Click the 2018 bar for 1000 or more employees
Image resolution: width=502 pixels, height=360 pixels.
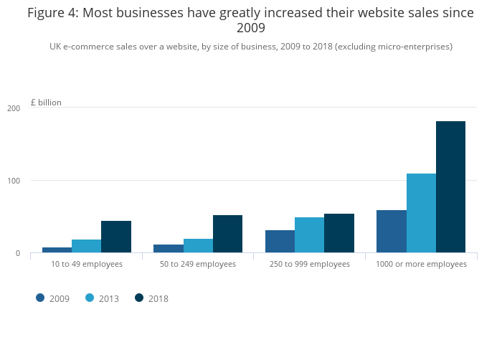(x=450, y=186)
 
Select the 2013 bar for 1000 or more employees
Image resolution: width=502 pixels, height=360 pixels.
(x=421, y=213)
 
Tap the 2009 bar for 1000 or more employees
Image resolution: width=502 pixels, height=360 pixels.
(x=391, y=231)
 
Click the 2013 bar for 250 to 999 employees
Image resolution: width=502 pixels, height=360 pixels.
(x=309, y=235)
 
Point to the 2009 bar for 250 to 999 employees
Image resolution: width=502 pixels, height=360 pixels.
(x=280, y=241)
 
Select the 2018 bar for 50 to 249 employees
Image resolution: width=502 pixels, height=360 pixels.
(x=227, y=234)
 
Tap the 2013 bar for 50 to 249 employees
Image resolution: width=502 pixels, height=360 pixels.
(x=198, y=245)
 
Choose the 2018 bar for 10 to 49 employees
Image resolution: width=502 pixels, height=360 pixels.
(x=116, y=237)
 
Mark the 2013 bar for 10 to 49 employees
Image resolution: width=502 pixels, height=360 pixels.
(x=86, y=246)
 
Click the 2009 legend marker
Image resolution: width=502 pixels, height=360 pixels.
(x=40, y=298)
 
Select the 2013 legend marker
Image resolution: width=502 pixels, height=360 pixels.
(x=90, y=298)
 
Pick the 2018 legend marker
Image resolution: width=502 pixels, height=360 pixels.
(x=139, y=298)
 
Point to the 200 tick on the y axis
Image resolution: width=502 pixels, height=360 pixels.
(x=14, y=108)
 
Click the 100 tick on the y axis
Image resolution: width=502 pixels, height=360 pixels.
(x=14, y=181)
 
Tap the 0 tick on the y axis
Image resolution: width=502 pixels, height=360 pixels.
(x=16, y=253)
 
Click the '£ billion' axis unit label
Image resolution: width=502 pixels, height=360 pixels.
(x=46, y=103)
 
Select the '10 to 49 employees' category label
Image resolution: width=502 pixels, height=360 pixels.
(x=87, y=264)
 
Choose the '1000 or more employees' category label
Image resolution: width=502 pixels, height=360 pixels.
(x=421, y=264)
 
